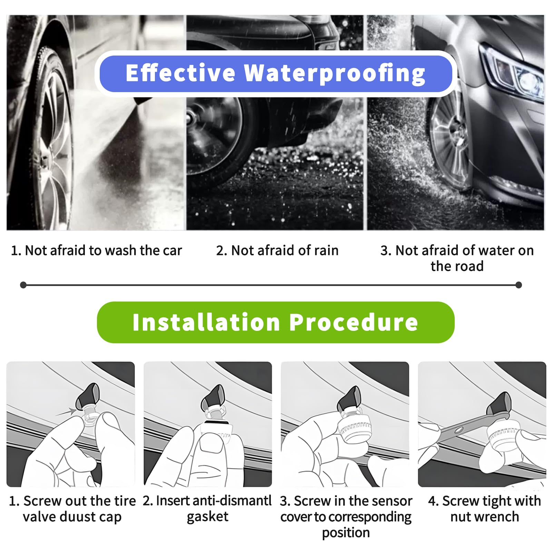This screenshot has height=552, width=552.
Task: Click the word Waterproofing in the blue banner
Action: point(335,73)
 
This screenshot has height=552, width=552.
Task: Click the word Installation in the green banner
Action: point(206,322)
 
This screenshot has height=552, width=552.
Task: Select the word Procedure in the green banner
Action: point(354,322)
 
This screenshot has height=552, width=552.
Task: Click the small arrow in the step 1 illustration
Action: point(66,412)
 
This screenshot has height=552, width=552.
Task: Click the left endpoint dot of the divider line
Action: point(23,285)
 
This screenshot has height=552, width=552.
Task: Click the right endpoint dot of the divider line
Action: point(518,285)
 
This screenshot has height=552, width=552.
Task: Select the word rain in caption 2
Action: point(326,250)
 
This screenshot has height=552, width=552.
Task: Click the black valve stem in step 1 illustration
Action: point(88,395)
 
